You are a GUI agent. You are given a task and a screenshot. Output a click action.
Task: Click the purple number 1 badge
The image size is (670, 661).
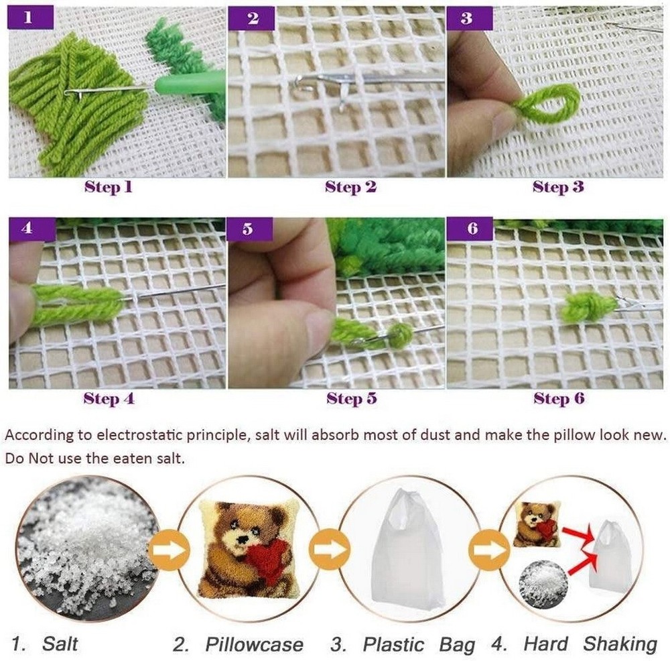[31, 17]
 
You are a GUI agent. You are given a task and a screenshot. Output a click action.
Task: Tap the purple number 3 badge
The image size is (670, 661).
[469, 18]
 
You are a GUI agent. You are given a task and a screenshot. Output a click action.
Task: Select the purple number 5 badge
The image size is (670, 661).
[249, 229]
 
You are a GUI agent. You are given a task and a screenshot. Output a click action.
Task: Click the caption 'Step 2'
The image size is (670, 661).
[350, 187]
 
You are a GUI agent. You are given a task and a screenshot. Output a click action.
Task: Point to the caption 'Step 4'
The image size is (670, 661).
[109, 398]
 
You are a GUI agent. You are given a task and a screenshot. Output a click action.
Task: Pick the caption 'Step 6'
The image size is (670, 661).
[559, 398]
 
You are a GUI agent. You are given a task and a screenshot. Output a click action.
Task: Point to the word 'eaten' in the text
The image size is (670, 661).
[132, 459]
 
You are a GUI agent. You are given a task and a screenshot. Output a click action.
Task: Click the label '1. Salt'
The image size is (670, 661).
[45, 644]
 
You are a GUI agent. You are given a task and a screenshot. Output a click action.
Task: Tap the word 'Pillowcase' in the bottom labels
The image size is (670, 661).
[254, 644]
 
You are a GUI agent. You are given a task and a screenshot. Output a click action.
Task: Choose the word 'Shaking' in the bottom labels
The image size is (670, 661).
[620, 644]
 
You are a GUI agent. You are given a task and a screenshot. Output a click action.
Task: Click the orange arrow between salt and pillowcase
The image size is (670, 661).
[170, 550]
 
